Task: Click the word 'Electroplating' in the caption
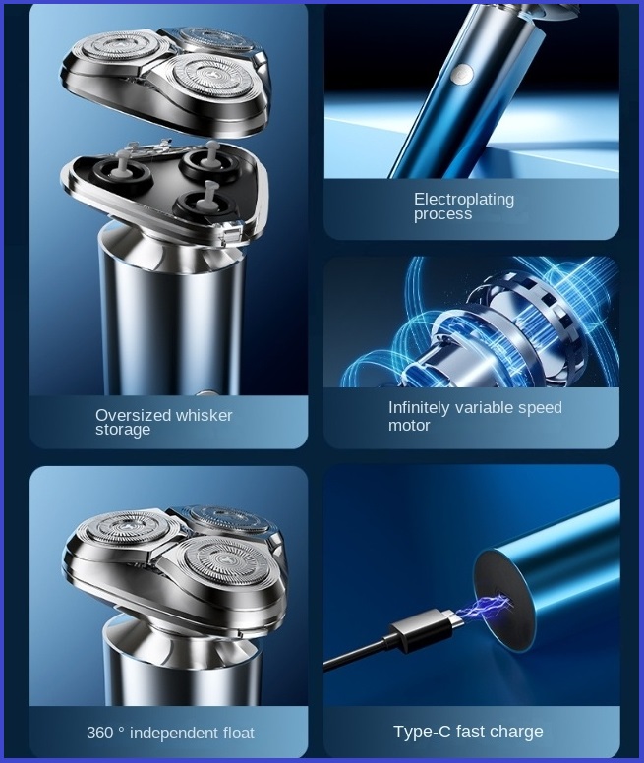click(463, 200)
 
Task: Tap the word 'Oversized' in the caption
click(134, 415)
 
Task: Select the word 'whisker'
click(205, 415)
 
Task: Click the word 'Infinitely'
click(419, 408)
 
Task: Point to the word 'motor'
click(409, 426)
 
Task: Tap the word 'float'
click(239, 733)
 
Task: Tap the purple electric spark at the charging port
click(487, 609)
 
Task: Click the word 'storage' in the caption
click(123, 430)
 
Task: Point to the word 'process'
click(442, 214)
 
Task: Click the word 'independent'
click(175, 733)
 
